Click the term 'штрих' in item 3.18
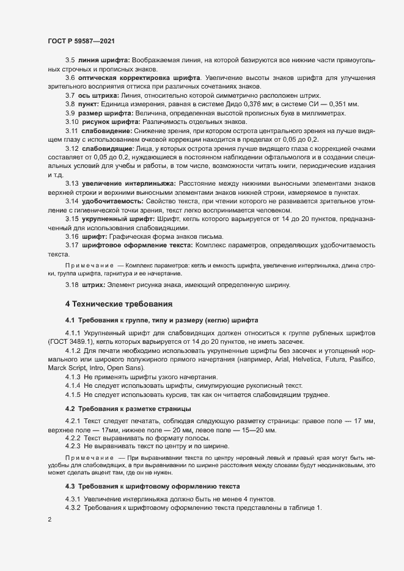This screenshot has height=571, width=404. (x=94, y=285)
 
